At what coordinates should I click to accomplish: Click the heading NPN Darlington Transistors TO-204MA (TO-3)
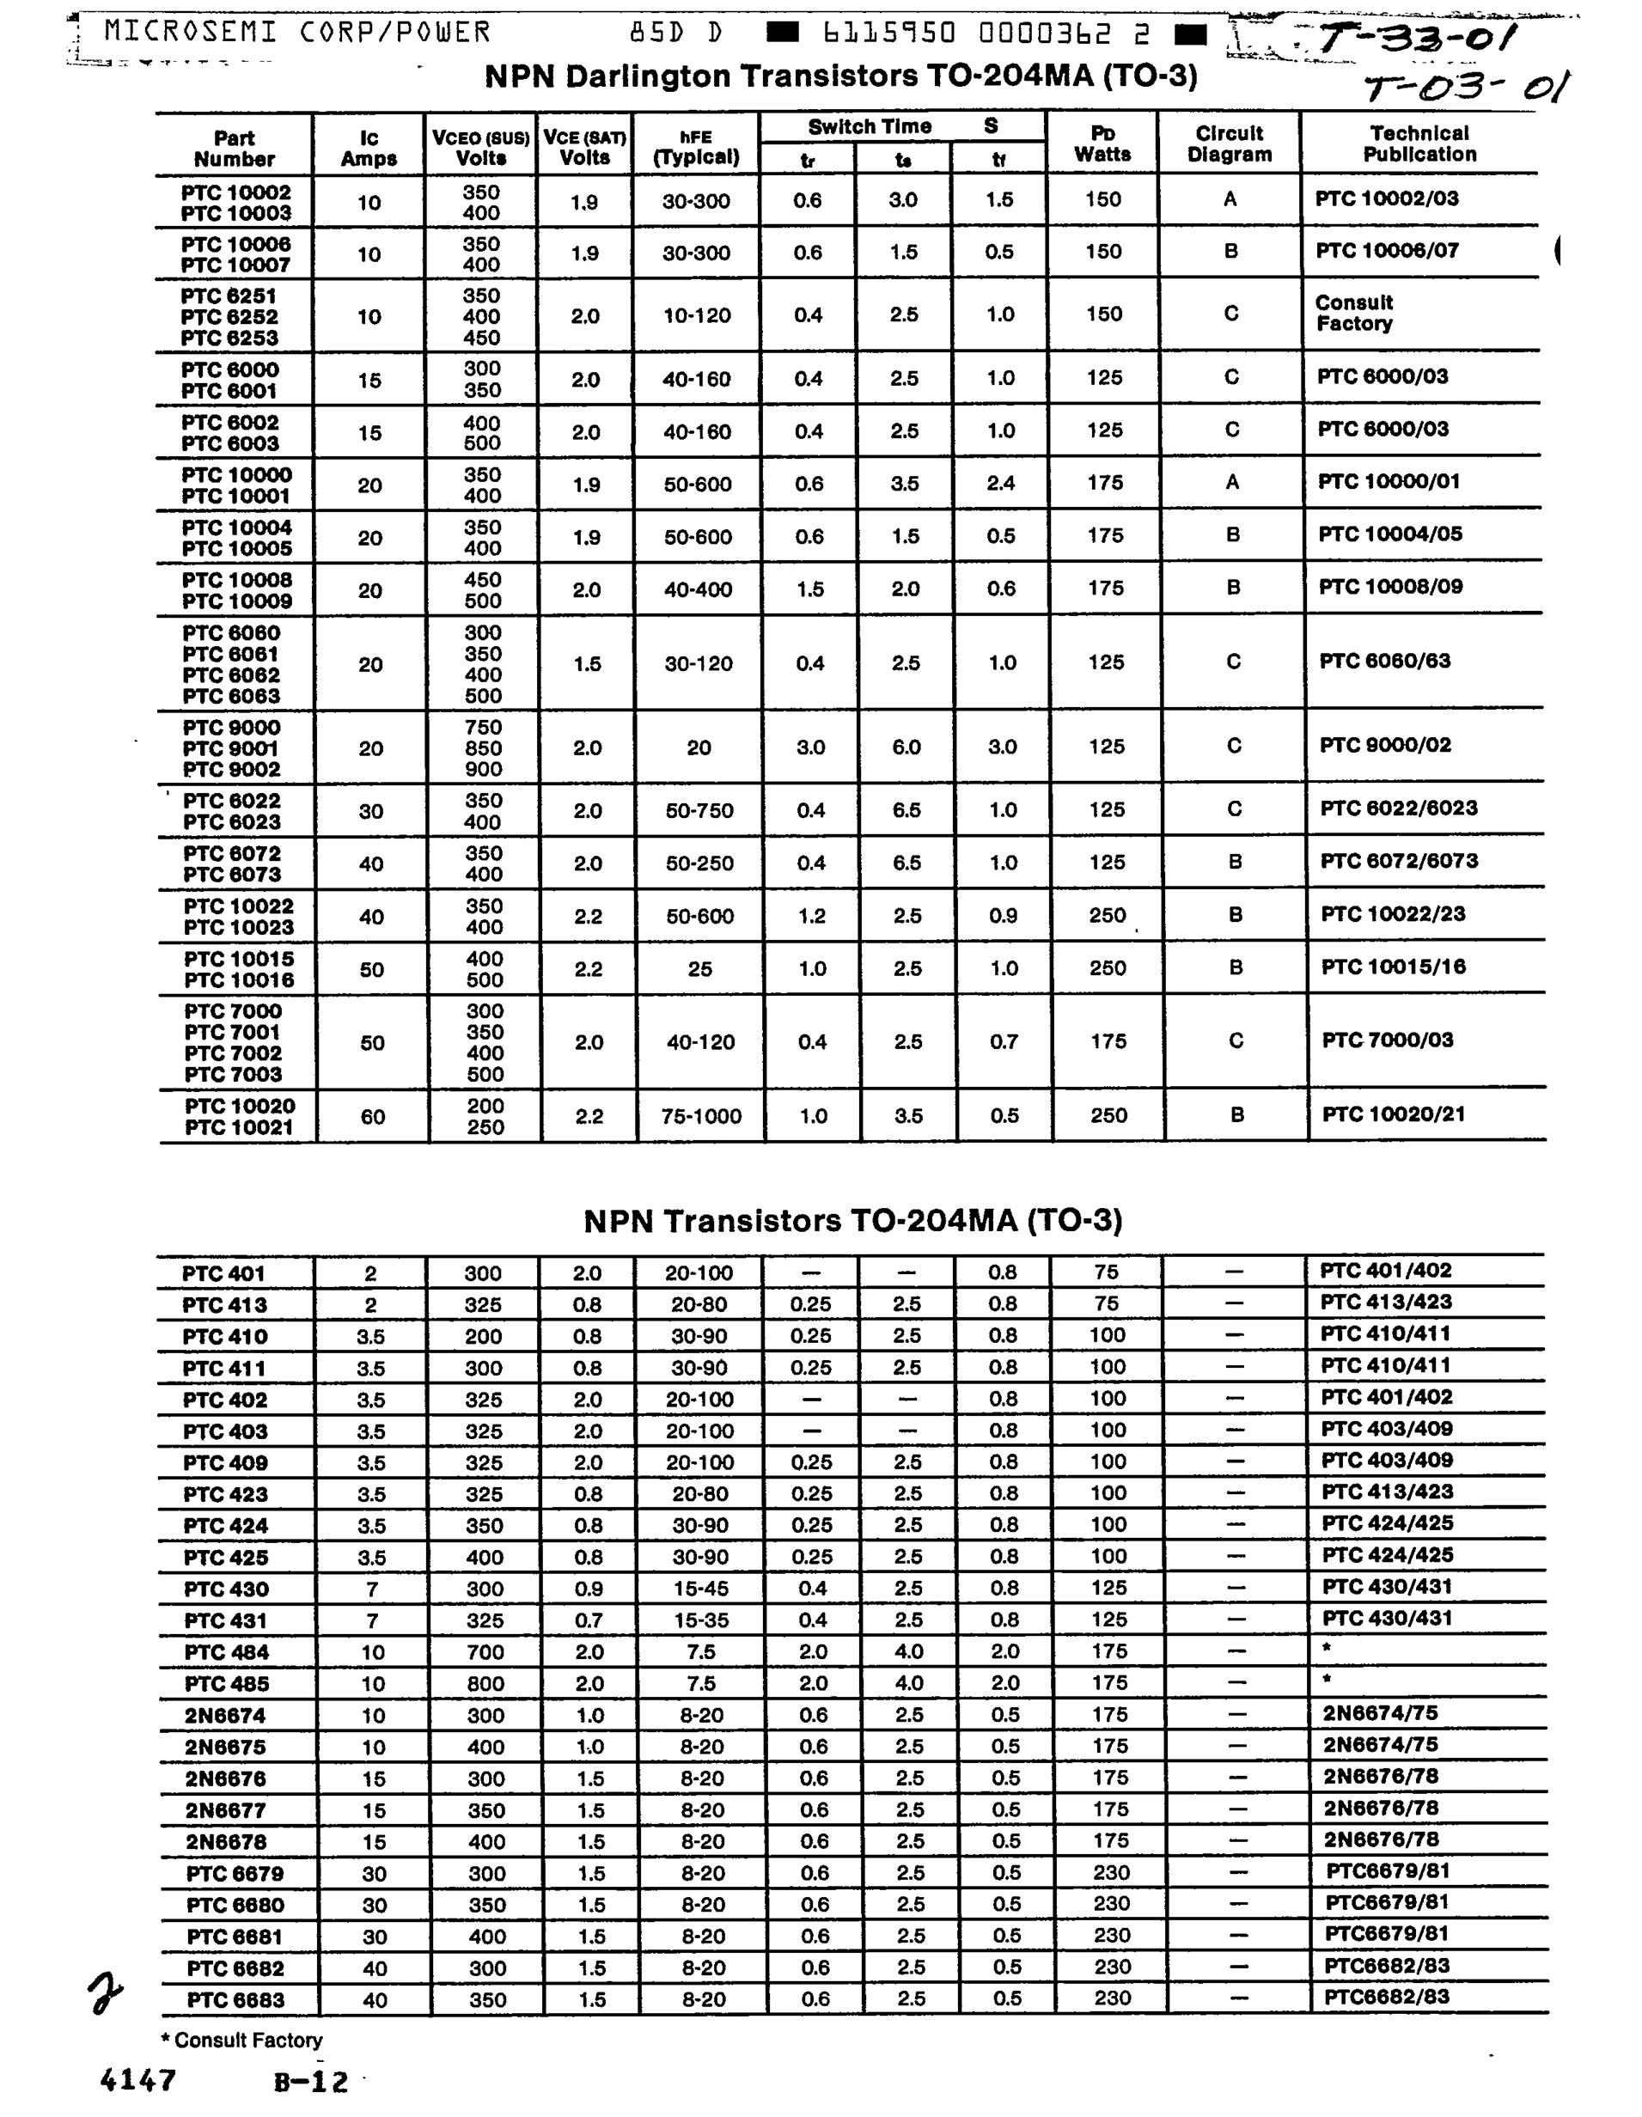click(840, 76)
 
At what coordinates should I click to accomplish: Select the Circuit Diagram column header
click(1229, 143)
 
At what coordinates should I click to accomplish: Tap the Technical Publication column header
click(1419, 143)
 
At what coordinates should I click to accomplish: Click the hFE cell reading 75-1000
click(701, 1117)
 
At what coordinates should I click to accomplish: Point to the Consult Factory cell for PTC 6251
click(1354, 313)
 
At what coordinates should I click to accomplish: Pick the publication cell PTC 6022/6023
click(1399, 808)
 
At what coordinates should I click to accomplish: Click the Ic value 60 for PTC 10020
click(373, 1117)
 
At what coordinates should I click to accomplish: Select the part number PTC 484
click(227, 1651)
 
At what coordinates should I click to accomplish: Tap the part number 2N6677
click(226, 1809)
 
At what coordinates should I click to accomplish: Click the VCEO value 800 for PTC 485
click(485, 1684)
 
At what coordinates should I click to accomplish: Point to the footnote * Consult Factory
click(241, 2040)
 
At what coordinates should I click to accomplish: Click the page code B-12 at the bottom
click(310, 2081)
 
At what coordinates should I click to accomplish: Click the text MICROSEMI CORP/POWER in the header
click(296, 32)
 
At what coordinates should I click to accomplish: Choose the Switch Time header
click(870, 127)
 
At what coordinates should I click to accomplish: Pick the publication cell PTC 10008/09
click(1390, 587)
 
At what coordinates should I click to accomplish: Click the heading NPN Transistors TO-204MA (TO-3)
click(852, 1220)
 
